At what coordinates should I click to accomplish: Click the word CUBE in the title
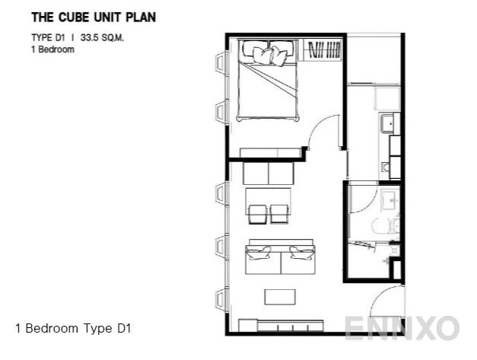coord(75,18)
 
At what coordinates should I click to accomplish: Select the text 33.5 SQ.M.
coord(102,38)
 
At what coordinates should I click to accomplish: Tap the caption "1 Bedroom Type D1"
coord(73,328)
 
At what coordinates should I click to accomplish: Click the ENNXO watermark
coord(402,328)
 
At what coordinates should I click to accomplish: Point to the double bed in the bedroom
coord(267,81)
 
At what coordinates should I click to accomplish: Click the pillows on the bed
coord(269,54)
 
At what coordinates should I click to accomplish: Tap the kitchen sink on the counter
coord(388,123)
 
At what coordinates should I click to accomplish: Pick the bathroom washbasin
coord(390,200)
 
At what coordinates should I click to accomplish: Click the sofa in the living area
coord(280,256)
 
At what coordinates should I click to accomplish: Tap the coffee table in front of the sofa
coord(280,297)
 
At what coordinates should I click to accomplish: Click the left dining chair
coord(258,214)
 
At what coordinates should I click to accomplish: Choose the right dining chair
coord(279,214)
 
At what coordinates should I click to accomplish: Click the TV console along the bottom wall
coord(281,326)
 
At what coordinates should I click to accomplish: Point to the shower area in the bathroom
coord(369,260)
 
